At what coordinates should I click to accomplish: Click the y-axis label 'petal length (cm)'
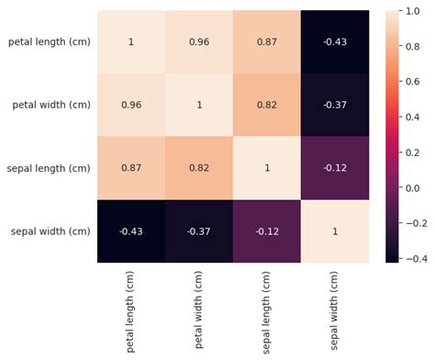[49, 42]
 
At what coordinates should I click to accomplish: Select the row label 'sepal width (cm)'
[50, 231]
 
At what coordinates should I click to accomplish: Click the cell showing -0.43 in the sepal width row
[130, 231]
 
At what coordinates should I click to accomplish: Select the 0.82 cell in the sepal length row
[199, 168]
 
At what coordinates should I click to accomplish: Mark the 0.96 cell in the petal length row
[199, 42]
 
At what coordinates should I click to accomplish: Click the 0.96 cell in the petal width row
[130, 105]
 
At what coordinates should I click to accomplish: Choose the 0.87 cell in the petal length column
[130, 168]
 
